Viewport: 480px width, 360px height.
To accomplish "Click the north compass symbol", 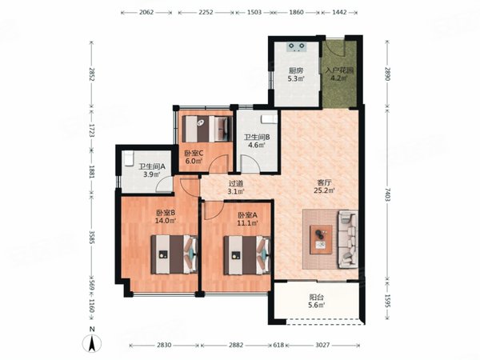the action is (x=92, y=343).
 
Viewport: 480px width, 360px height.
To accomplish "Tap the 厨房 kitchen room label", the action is (x=296, y=70).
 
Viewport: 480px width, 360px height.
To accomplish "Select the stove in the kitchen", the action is (x=297, y=47).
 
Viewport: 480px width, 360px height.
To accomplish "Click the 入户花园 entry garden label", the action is (x=339, y=70).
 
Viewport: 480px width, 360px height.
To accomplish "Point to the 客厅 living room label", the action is (x=324, y=182).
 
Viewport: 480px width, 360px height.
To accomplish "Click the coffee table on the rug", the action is (x=321, y=240).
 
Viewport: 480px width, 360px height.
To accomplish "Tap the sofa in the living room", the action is (x=348, y=239).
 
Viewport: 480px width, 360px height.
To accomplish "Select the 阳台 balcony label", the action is (x=317, y=297).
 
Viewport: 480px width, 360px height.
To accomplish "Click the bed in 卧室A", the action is (x=247, y=254).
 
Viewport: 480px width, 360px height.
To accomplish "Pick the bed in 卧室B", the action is (x=174, y=254).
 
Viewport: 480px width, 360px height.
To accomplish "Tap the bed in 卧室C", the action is (x=207, y=129).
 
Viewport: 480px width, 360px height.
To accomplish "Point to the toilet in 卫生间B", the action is (x=270, y=118).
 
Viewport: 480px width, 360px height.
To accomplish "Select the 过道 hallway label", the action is (x=236, y=184).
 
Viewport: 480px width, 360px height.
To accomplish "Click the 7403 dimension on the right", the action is (x=387, y=194).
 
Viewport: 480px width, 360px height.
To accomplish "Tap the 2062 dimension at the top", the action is (x=146, y=12).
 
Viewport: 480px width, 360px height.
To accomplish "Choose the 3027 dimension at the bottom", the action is (x=322, y=345).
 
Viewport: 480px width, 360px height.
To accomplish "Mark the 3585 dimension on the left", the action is (x=91, y=237).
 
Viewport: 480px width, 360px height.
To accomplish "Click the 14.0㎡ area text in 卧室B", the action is (x=166, y=221).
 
